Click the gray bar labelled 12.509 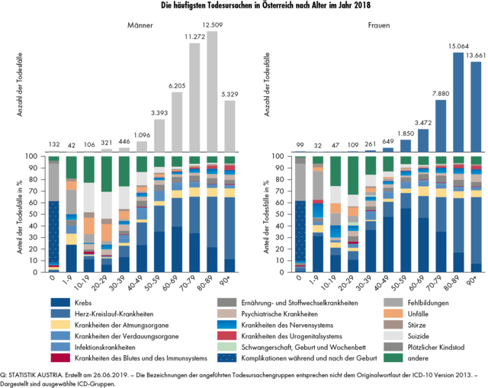212,91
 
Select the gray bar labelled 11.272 194,97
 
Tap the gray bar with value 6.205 177,121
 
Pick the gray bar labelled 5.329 230,126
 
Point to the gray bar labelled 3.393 159,135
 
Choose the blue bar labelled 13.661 476,106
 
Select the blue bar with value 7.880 441,125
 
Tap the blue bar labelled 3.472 423,139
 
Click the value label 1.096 142,135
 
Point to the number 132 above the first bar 54,144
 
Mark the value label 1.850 406,133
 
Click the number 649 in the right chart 388,140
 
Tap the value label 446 124,141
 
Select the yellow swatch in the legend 61,324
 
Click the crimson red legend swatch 61,358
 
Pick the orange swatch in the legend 393,313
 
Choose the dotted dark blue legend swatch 227,358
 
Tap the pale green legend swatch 227,346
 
